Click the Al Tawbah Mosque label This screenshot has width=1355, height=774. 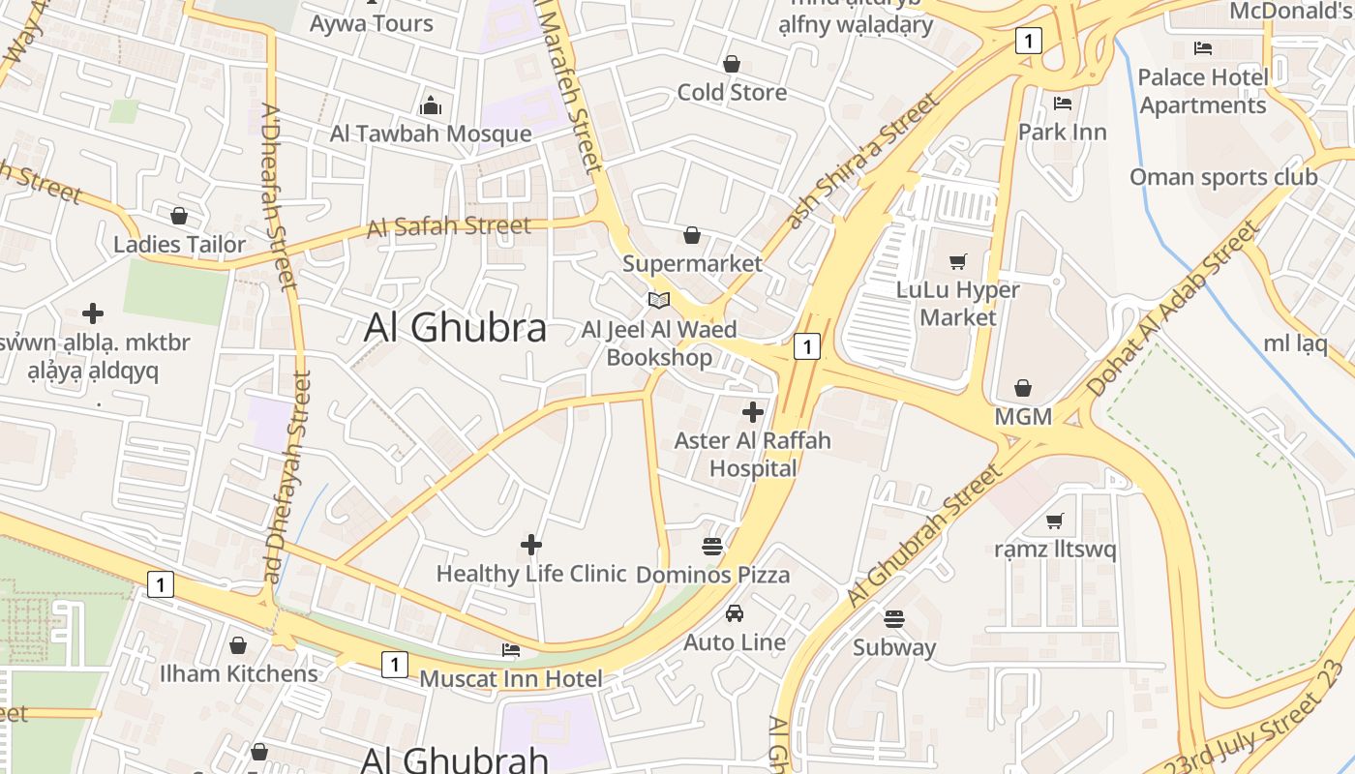[x=431, y=134]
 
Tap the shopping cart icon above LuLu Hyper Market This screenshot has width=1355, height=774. [x=958, y=260]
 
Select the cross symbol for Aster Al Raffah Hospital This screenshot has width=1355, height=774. [x=753, y=413]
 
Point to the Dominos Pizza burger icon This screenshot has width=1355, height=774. [x=712, y=546]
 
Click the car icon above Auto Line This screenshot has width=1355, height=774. [x=735, y=613]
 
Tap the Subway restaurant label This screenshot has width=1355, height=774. [x=893, y=647]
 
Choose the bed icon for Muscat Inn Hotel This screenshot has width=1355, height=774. [x=511, y=649]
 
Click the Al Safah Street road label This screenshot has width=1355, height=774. [x=449, y=227]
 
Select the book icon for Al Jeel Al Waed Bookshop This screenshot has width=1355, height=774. [x=659, y=300]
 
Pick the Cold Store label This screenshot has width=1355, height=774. [x=732, y=92]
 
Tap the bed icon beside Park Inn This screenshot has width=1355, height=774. [x=1062, y=103]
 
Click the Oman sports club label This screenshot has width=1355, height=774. [x=1223, y=177]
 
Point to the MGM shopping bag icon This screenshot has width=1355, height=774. [x=1023, y=388]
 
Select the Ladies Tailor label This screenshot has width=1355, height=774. [x=180, y=244]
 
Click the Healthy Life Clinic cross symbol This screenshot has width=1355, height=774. [x=531, y=545]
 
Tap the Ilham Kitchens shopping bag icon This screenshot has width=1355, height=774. [x=238, y=645]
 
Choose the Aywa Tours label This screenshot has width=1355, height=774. [x=371, y=23]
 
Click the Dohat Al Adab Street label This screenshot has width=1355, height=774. [x=1171, y=308]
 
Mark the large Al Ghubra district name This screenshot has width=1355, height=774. [x=455, y=328]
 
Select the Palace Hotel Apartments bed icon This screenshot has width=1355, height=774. [x=1203, y=47]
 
